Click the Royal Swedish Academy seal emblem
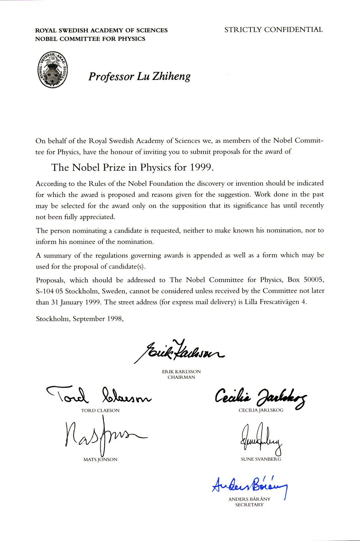tap(53, 70)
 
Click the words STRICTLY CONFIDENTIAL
tap(273, 30)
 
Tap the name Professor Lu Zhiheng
tap(139, 76)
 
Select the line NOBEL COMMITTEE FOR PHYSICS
tap(90, 39)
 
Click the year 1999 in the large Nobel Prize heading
tap(201, 167)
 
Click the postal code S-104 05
tap(49, 291)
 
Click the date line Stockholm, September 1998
tap(79, 319)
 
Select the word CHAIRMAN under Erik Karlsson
tap(181, 377)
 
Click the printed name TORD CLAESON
tap(100, 411)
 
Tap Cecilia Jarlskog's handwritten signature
tap(261, 397)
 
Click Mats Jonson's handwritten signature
tap(102, 437)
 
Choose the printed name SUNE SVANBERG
tap(261, 459)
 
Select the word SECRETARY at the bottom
tap(249, 505)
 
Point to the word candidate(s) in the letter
tap(128, 267)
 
